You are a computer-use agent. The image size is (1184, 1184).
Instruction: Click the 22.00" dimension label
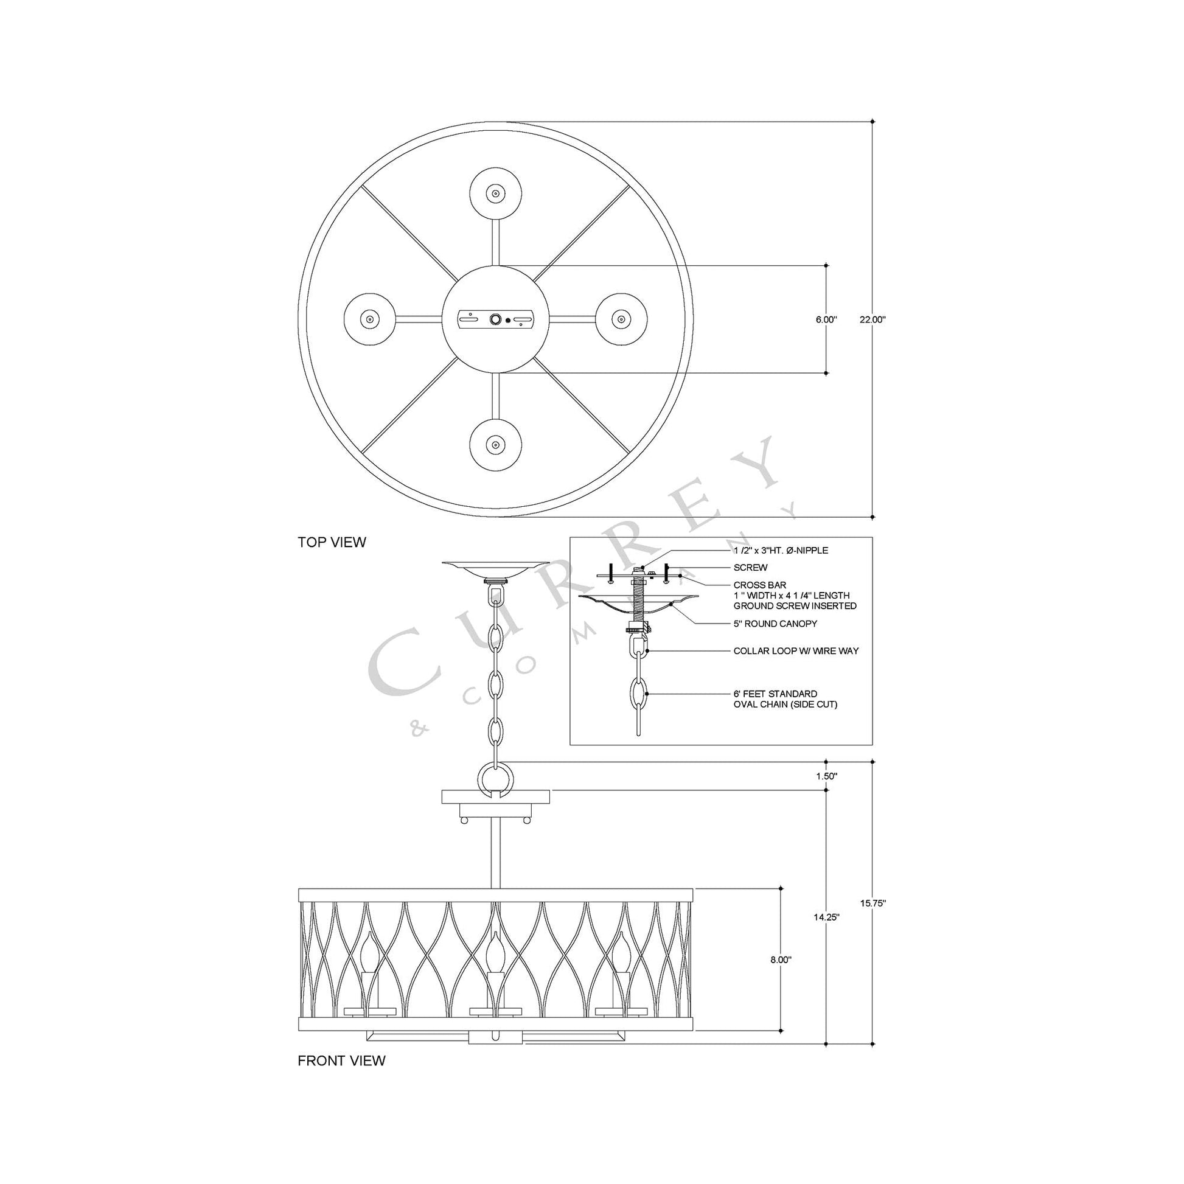click(x=872, y=319)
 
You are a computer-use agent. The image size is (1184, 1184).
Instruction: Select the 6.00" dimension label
click(x=826, y=319)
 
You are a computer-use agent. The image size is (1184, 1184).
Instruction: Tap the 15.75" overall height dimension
click(x=872, y=903)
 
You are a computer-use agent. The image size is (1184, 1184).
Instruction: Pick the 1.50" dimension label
click(x=827, y=776)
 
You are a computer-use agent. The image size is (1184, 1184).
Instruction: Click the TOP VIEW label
click(x=332, y=542)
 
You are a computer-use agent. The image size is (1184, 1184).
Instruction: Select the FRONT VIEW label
click(x=341, y=1061)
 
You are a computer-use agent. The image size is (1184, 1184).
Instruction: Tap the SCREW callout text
click(x=750, y=568)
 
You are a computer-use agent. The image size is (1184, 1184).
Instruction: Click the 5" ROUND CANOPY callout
click(x=775, y=624)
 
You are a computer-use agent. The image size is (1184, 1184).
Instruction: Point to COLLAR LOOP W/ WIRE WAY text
click(x=795, y=651)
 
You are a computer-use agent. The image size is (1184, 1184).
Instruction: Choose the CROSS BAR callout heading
click(x=759, y=585)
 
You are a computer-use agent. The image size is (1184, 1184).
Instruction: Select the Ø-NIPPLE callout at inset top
click(x=780, y=551)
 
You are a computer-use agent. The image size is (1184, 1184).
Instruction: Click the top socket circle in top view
click(x=495, y=193)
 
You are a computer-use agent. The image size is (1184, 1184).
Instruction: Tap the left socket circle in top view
click(x=369, y=319)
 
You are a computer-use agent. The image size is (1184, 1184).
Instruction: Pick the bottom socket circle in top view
click(x=495, y=444)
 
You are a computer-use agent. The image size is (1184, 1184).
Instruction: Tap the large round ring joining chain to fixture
click(x=495, y=779)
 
